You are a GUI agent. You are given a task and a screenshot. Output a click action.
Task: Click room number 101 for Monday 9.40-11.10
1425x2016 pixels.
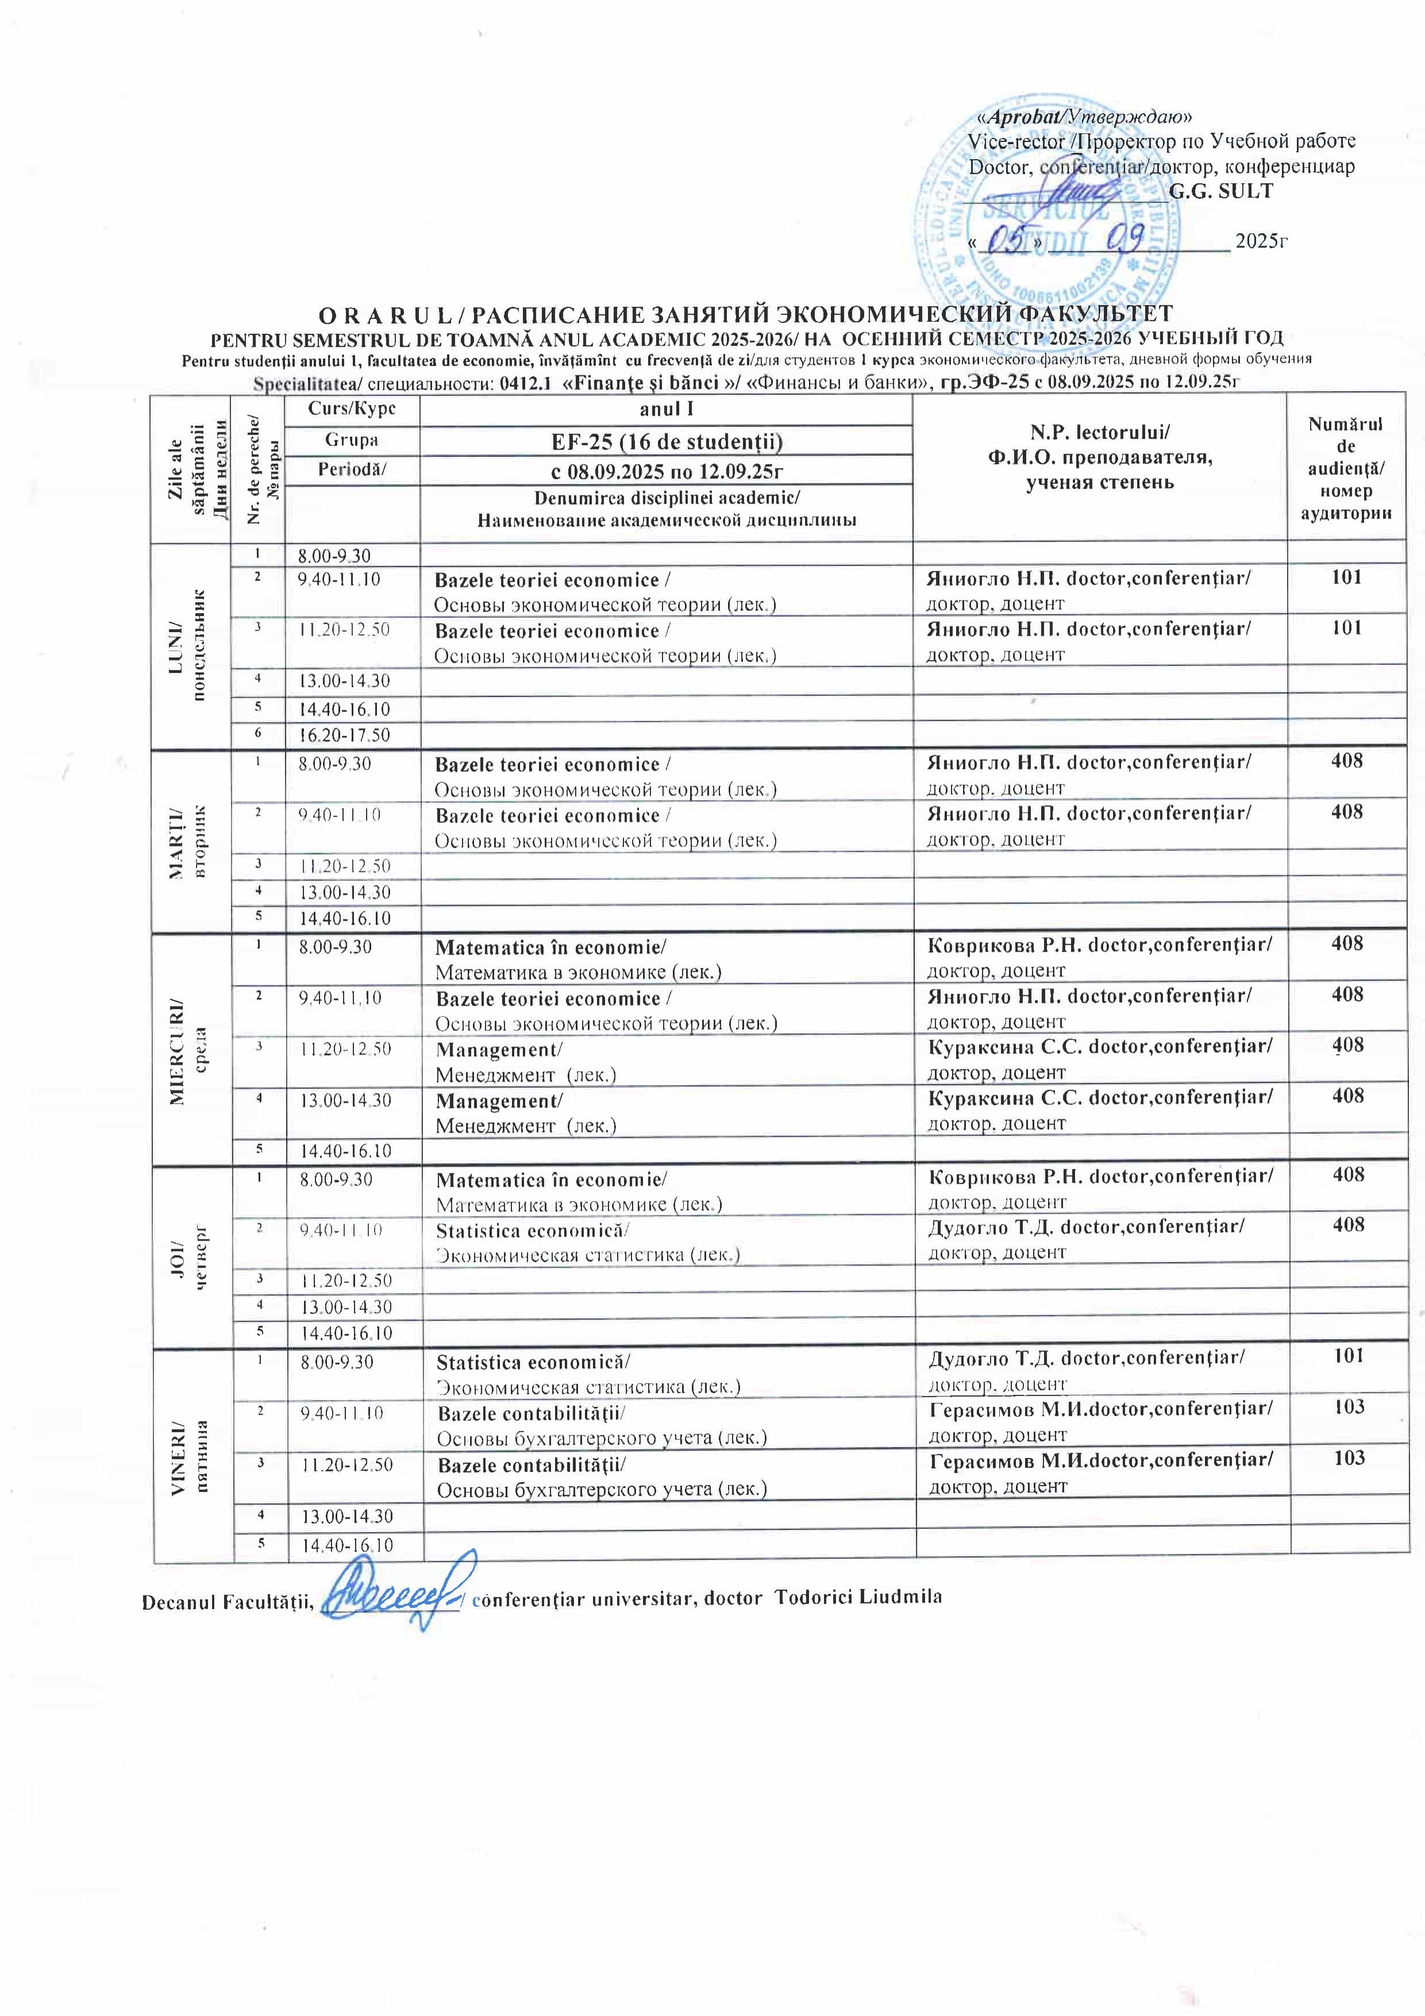(x=1346, y=577)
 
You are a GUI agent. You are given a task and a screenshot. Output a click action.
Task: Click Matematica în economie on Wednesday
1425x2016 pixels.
(x=550, y=948)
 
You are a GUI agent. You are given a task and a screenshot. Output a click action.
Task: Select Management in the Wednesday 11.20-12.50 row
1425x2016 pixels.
(x=499, y=1050)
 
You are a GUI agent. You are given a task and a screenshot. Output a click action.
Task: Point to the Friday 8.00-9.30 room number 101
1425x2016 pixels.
(x=1348, y=1356)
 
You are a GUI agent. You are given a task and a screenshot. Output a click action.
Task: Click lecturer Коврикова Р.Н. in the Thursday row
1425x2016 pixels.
(x=983, y=1176)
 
